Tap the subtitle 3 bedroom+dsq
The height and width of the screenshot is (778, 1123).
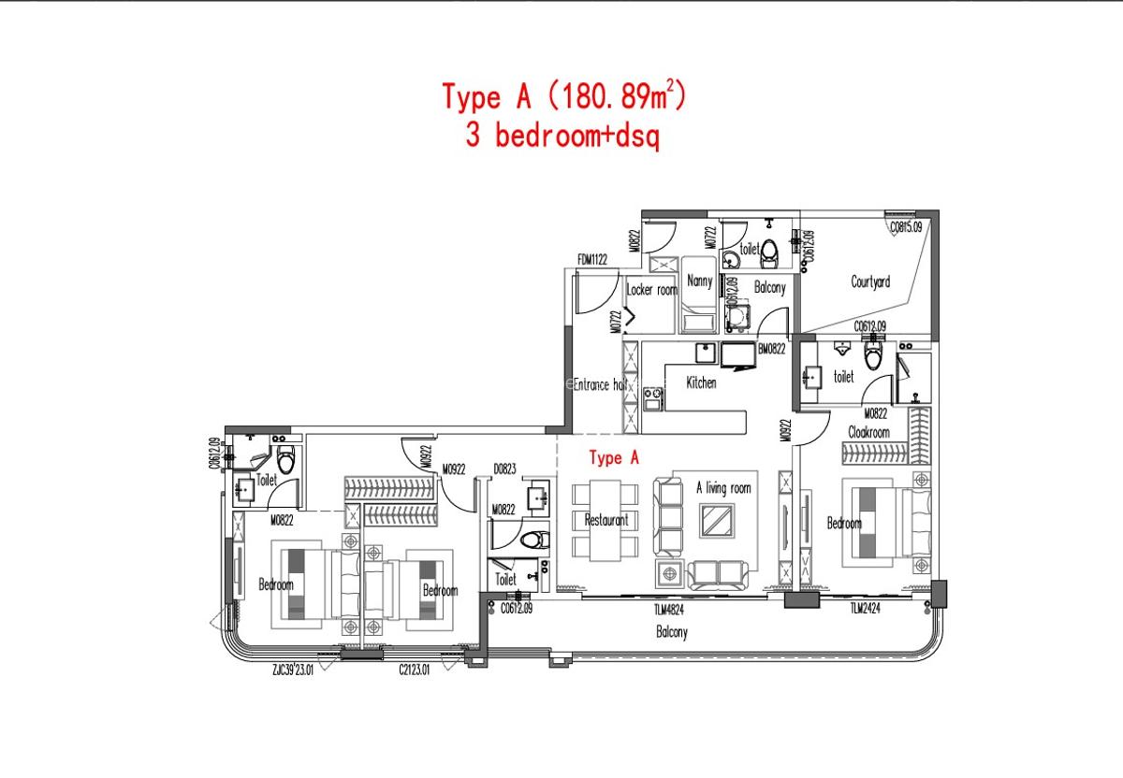(562, 137)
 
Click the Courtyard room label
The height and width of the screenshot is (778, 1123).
(870, 281)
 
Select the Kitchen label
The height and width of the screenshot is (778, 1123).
(701, 382)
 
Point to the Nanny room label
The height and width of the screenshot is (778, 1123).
(699, 281)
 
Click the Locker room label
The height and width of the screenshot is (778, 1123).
(651, 290)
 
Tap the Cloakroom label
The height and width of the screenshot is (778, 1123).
(868, 432)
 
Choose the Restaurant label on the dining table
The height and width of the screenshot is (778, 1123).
(606, 520)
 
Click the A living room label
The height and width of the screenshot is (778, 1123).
(723, 487)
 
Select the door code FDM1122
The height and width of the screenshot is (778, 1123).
(593, 259)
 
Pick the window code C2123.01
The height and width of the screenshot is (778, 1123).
(414, 670)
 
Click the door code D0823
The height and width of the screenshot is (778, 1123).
(505, 470)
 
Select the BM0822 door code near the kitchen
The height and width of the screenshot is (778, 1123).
(771, 348)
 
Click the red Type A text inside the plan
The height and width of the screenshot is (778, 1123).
(614, 458)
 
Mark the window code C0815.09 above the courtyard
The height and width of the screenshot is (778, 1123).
(906, 226)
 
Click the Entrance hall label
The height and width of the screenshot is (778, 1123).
(599, 384)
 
